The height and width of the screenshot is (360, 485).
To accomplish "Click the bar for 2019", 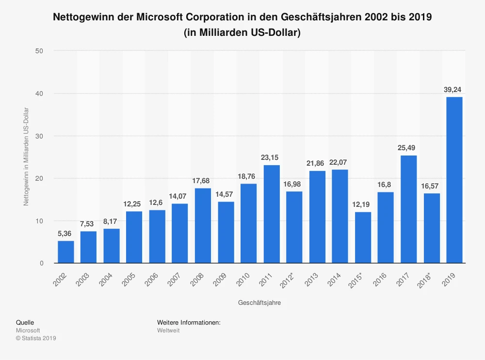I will click(x=454, y=180).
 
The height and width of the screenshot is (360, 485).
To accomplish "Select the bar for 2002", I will click(x=66, y=252).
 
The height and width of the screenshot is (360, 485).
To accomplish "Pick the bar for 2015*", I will click(x=363, y=237).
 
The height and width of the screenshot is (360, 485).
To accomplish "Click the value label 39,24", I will click(x=454, y=89).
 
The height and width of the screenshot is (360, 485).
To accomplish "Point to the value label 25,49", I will click(x=408, y=147).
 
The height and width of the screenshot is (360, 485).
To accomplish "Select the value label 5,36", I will click(x=66, y=233).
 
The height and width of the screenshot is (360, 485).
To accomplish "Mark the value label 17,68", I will click(x=203, y=180).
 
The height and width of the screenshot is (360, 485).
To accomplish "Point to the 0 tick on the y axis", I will click(x=42, y=264).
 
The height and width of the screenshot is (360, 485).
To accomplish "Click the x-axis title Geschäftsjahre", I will click(x=259, y=302).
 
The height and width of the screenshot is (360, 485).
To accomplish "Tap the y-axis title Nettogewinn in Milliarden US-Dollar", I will click(x=26, y=157).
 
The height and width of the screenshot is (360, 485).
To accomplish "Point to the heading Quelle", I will click(x=25, y=322).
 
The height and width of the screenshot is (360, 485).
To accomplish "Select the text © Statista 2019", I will click(x=36, y=338).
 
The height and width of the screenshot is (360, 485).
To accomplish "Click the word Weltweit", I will click(x=168, y=330).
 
